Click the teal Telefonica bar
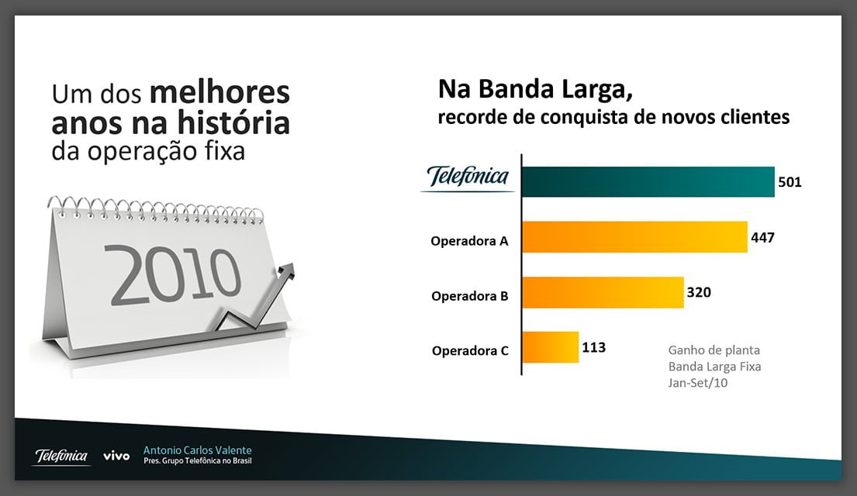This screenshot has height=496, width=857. [x=648, y=182]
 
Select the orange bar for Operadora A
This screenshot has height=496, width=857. [x=634, y=237]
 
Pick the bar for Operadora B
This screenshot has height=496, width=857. [x=603, y=292]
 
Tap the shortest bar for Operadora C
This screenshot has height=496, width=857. [x=550, y=347]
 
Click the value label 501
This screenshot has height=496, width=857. [x=790, y=183]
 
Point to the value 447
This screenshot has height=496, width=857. [x=762, y=237]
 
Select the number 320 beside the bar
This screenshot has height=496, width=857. [x=698, y=292]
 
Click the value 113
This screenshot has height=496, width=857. [x=593, y=347]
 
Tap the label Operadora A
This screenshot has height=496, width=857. [x=469, y=241]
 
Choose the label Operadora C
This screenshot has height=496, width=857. [x=469, y=351]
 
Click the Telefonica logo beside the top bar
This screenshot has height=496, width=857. [x=468, y=178]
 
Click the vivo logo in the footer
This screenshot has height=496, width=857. [x=116, y=456]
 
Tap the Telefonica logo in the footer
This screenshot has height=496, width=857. [x=61, y=456]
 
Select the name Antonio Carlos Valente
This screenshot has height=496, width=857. [x=197, y=450]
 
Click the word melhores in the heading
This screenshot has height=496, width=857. [x=219, y=94]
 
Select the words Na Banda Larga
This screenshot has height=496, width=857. [x=535, y=89]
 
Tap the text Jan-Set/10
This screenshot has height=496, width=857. [x=697, y=383]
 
